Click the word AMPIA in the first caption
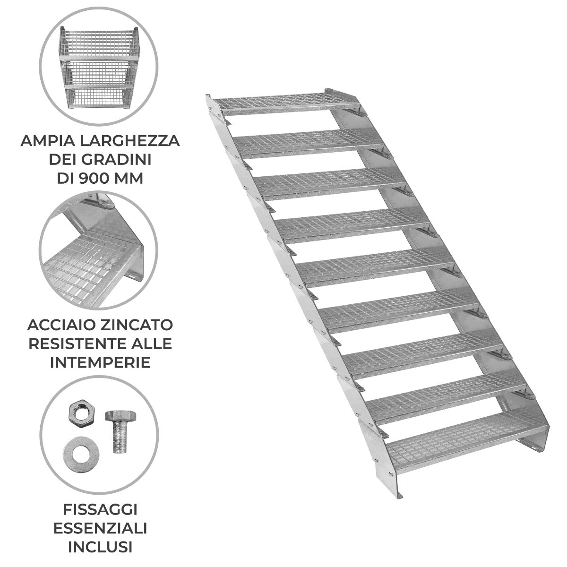pyautogui.click(x=45, y=141)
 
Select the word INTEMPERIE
pyautogui.click(x=100, y=362)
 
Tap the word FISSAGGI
pyautogui.click(x=100, y=509)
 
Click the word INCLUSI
pyautogui.click(x=100, y=547)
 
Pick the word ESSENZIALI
pyautogui.click(x=100, y=528)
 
